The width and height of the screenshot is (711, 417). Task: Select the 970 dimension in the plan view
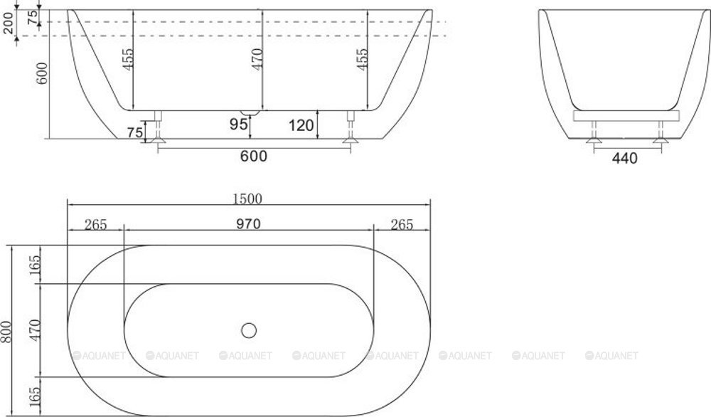coord(249,224)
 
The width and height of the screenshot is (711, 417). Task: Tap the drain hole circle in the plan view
coord(248,329)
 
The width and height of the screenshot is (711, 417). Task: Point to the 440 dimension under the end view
coord(624,158)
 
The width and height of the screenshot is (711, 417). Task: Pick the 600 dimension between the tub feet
coord(254,157)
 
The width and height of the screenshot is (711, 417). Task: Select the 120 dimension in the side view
coord(301,127)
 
